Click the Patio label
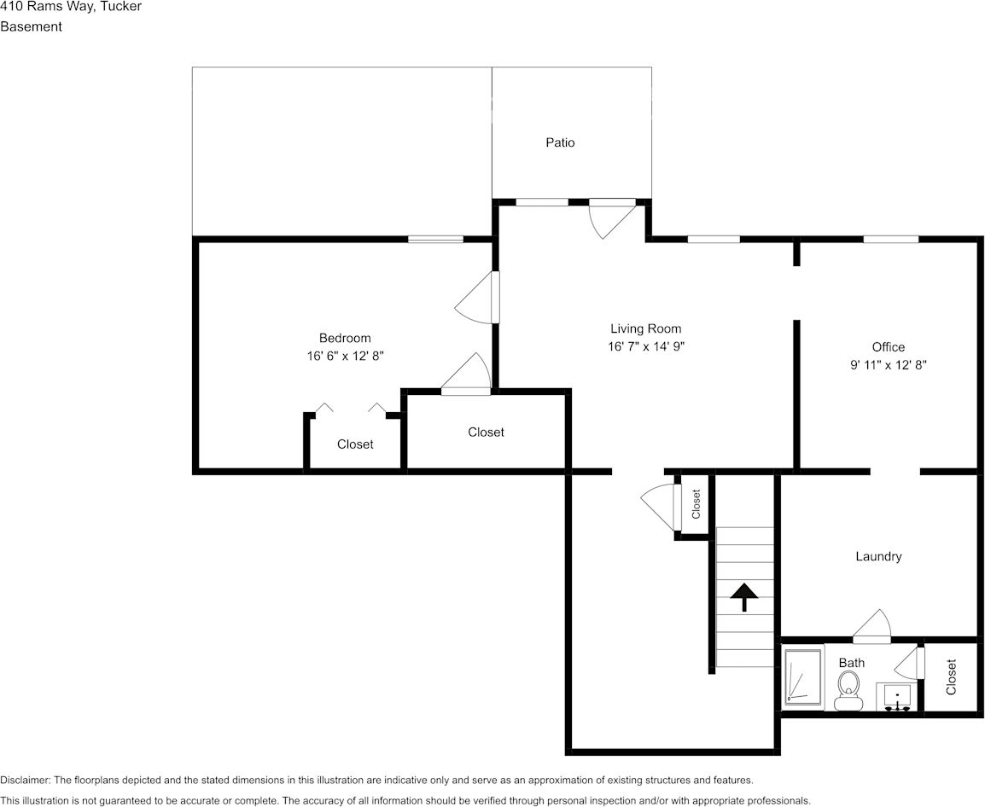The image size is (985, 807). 560,142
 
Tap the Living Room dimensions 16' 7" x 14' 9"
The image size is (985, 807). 645,346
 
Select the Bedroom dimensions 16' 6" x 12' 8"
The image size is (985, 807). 345,356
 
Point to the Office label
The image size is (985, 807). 888,347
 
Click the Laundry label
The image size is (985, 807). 878,556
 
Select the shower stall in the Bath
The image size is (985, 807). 802,677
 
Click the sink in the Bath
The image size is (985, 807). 897,696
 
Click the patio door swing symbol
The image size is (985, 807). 613,218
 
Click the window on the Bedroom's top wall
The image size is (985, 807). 435,239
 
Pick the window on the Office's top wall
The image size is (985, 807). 890,239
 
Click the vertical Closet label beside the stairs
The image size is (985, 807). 696,503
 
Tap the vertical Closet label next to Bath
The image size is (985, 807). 951,676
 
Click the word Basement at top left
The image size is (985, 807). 31,26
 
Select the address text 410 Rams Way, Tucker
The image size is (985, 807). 71,7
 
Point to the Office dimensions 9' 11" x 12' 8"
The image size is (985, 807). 888,364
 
